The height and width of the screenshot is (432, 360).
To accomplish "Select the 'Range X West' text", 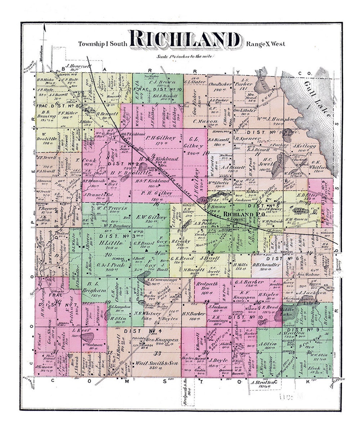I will coord(266,44).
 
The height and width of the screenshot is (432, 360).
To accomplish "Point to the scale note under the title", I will coord(182,56).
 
